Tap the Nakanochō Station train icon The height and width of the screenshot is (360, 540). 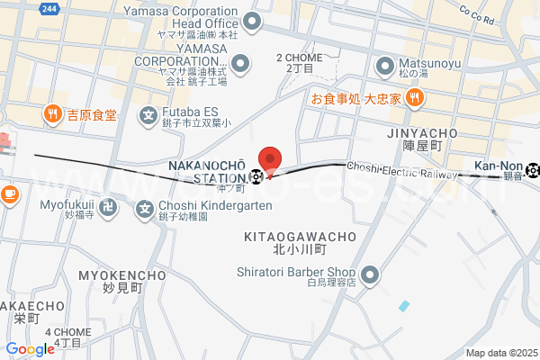click(258, 175)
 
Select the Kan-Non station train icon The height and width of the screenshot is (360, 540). click(534, 167)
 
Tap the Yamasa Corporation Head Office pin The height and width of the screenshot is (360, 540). click(253, 21)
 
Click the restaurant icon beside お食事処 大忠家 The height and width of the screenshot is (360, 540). click(414, 99)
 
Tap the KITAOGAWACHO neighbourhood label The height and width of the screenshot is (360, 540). click(301, 237)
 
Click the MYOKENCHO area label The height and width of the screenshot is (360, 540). click(110, 274)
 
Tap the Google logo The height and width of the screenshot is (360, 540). click(30, 349)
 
